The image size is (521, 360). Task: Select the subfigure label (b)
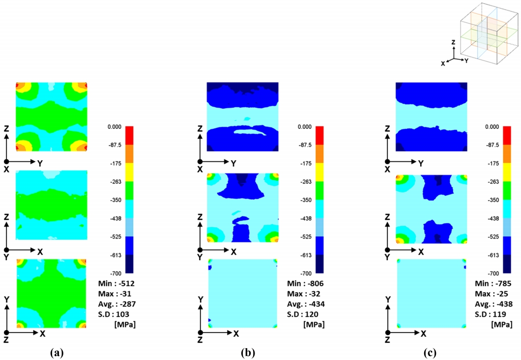click(247, 352)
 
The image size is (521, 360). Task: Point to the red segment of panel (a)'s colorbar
click(126, 135)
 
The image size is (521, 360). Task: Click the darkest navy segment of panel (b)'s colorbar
click(316, 264)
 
